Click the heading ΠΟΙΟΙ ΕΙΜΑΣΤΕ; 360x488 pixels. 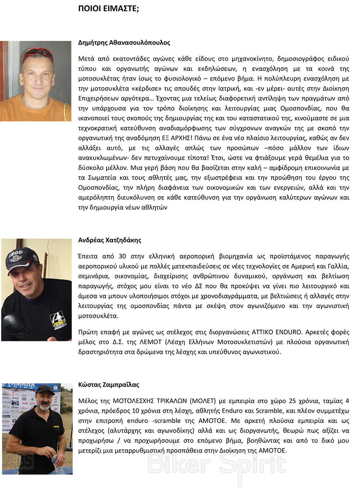108,9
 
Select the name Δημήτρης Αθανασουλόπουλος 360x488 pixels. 124,42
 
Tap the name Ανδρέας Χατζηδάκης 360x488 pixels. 109,240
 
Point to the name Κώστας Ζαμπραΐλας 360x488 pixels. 108,384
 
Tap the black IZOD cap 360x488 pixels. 22,258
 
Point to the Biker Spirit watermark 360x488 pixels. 217,465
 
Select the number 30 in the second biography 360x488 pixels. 122,256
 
